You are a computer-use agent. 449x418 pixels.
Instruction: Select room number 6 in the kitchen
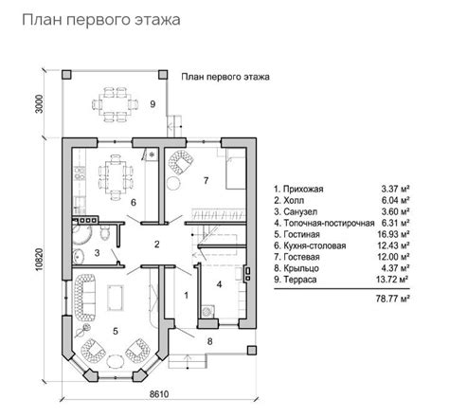[134, 203]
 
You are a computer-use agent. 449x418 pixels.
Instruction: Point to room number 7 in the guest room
[204, 180]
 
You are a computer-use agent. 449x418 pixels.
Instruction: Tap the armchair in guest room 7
[178, 168]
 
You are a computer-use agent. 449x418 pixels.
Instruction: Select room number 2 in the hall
[157, 245]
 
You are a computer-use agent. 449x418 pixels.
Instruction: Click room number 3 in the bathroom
[97, 253]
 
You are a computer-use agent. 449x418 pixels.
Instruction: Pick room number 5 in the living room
[116, 331]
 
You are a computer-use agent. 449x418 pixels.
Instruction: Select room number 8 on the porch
[210, 339]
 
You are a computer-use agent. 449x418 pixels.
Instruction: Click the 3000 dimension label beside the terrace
[40, 103]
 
